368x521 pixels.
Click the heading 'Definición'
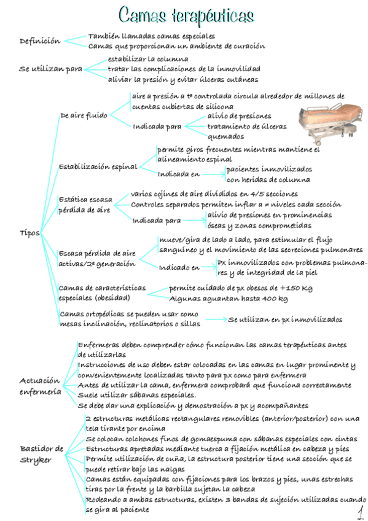(40, 41)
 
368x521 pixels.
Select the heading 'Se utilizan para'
(50, 69)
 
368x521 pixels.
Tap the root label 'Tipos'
(29, 233)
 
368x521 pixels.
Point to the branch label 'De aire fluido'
(84, 115)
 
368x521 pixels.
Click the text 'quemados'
(225, 136)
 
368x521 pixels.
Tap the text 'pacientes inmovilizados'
(268, 169)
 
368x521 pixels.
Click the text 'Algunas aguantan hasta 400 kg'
(228, 299)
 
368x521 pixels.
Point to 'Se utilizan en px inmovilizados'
(285, 319)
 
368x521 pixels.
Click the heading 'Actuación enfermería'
(40, 386)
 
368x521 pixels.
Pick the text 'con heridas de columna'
(268, 179)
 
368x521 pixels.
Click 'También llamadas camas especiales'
(155, 36)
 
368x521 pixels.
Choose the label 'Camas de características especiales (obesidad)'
(102, 293)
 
